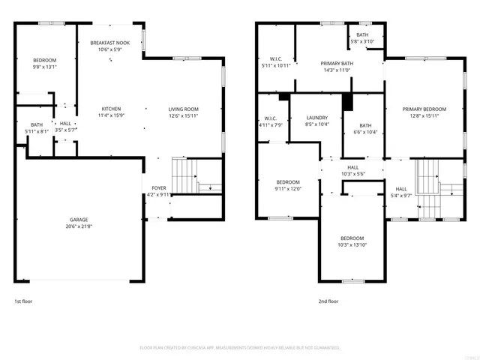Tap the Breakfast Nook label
tap(110, 43)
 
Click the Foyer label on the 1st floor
tap(159, 187)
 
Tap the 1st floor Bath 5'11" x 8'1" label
tap(37, 125)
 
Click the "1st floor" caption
tap(23, 301)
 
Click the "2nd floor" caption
tap(328, 301)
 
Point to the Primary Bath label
tap(336, 64)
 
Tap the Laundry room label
tap(318, 118)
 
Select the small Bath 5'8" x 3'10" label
tap(363, 35)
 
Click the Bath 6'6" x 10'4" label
tap(366, 125)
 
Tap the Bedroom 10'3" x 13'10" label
tap(352, 238)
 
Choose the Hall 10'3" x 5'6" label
tap(352, 167)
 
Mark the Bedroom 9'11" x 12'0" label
tap(288, 182)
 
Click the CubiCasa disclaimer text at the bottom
tap(240, 348)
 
